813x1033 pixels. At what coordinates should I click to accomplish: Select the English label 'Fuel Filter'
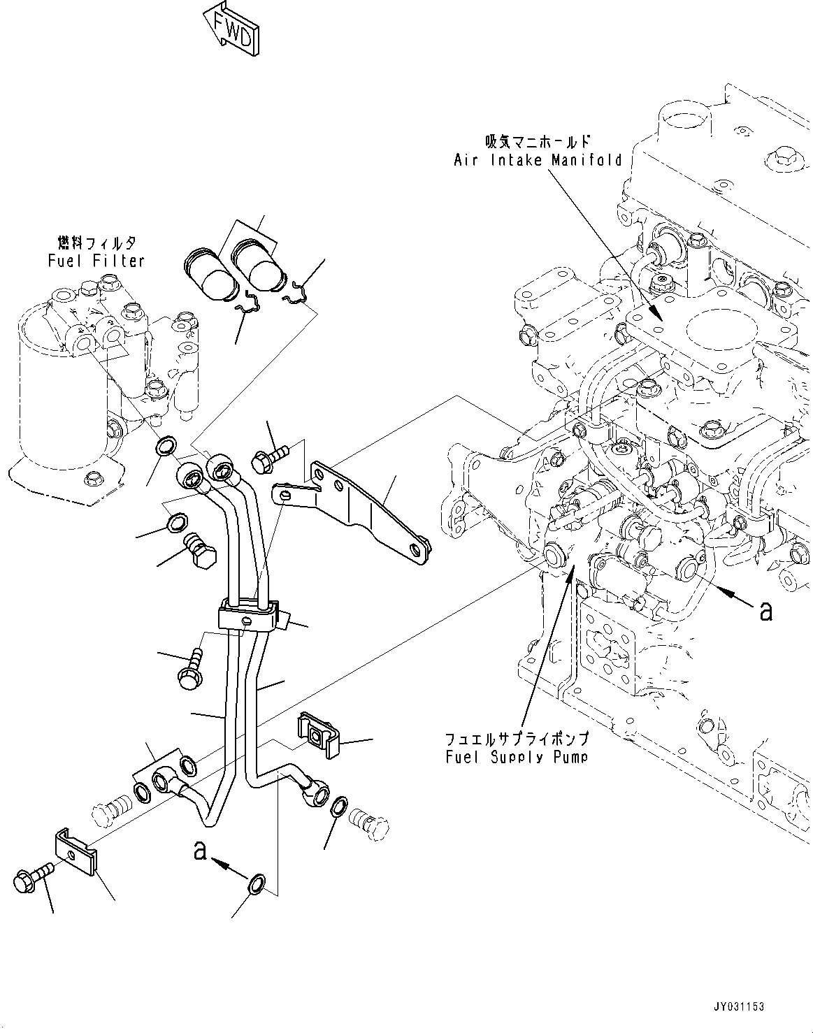96,261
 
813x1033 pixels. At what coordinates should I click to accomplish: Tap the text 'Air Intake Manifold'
538,160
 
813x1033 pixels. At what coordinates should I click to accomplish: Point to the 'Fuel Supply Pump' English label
517,757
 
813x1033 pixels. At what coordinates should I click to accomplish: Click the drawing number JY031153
740,1007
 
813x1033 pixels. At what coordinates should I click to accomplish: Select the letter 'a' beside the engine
766,611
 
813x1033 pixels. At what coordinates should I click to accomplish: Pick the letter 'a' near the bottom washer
201,851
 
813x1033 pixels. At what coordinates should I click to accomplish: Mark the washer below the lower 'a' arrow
257,883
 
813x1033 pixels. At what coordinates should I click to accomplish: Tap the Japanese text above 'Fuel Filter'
96,243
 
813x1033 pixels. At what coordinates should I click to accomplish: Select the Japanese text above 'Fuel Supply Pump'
517,739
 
